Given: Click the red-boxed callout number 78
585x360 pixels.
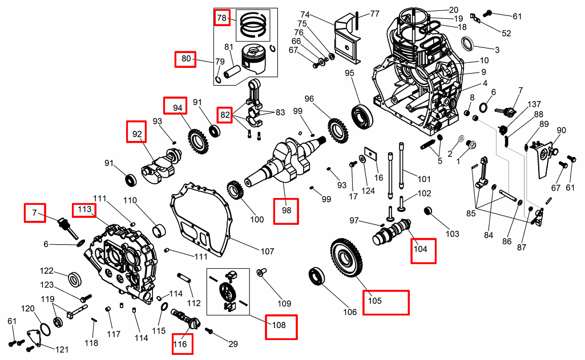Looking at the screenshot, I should pyautogui.click(x=221, y=18).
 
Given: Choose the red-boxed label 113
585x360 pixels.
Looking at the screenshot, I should pyautogui.click(x=84, y=209).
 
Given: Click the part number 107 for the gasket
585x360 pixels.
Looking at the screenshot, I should pyautogui.click(x=267, y=251).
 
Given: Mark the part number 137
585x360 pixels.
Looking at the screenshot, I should pyautogui.click(x=534, y=104).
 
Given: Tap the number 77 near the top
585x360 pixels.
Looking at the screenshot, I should pyautogui.click(x=374, y=13).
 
